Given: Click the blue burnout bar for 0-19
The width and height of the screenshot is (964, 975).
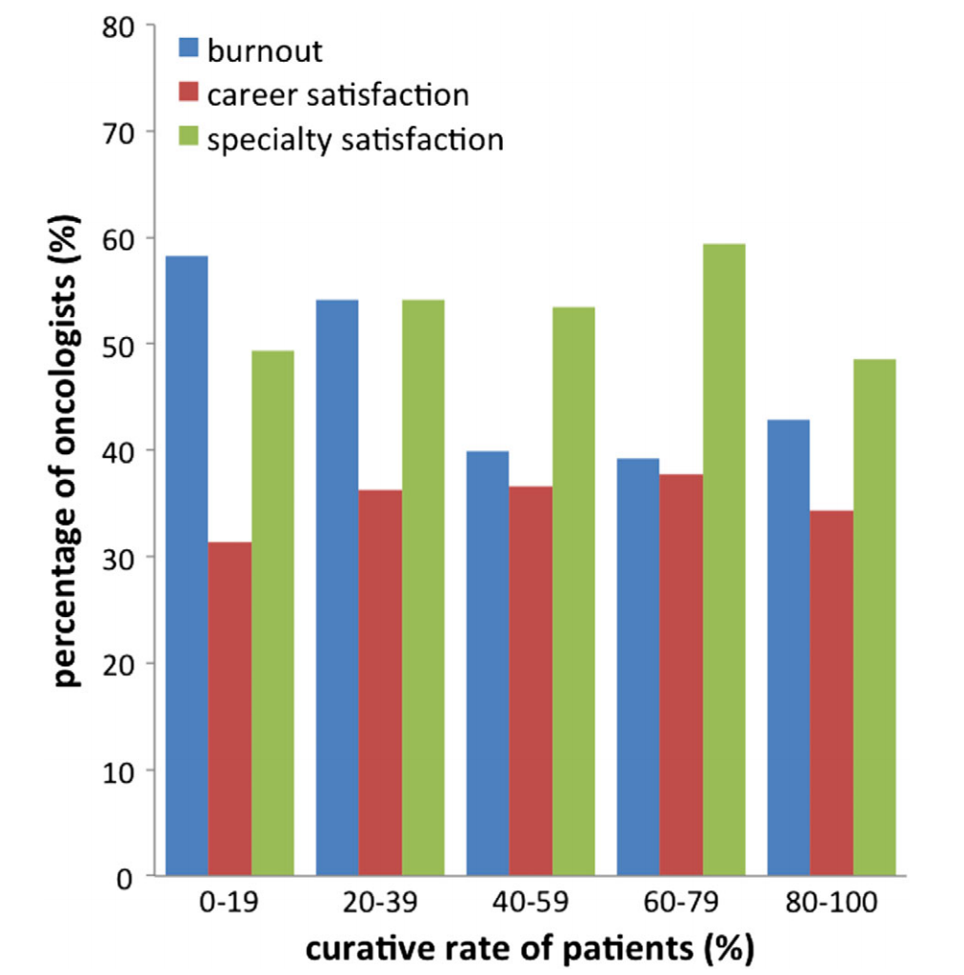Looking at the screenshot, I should point(187,566).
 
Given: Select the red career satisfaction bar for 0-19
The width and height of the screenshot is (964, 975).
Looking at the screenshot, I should point(231,708).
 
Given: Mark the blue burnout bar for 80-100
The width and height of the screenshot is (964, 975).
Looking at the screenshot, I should point(788,647).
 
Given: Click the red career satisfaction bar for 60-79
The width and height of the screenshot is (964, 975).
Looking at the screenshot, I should point(681,675).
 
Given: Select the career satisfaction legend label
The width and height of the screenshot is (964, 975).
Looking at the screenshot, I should point(337,95).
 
